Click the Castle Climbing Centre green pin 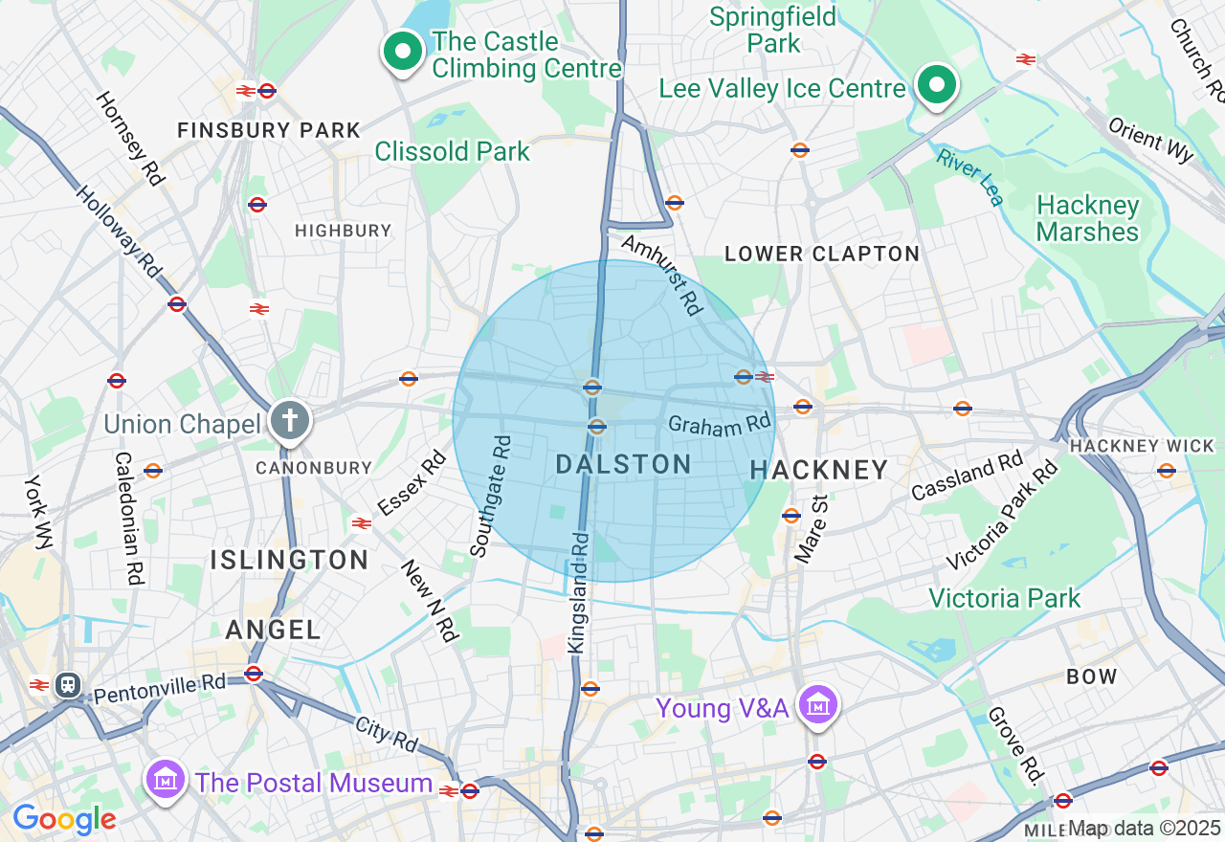pyautogui.click(x=403, y=51)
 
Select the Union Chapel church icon pyautogui.click(x=290, y=420)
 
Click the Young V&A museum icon pyautogui.click(x=818, y=706)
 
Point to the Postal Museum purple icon pyautogui.click(x=167, y=781)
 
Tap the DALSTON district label pyautogui.click(x=623, y=464)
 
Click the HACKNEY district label pyautogui.click(x=819, y=470)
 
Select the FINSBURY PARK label pyautogui.click(x=269, y=130)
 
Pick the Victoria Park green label pyautogui.click(x=1004, y=598)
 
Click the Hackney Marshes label pyautogui.click(x=1088, y=219)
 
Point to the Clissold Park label pyautogui.click(x=452, y=151)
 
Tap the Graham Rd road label pyautogui.click(x=720, y=424)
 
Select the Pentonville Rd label pyautogui.click(x=160, y=685)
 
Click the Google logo pyautogui.click(x=63, y=819)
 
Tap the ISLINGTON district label pyautogui.click(x=289, y=560)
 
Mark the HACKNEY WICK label pyautogui.click(x=1127, y=446)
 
